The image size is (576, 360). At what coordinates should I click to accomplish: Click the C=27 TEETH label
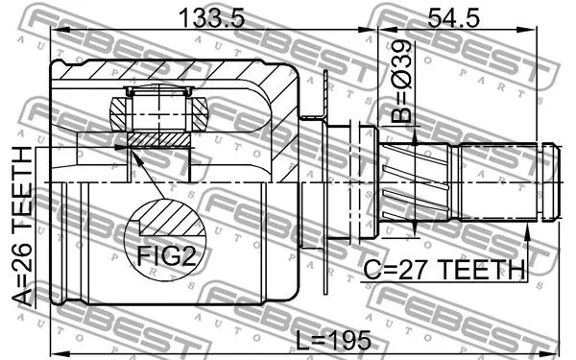pyautogui.click(x=444, y=270)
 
